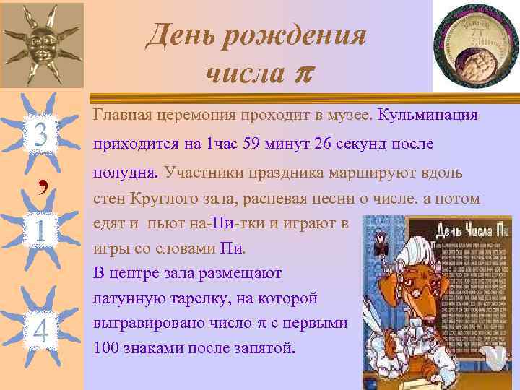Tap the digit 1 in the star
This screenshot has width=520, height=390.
tap(40, 233)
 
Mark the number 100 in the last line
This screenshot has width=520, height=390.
tap(106, 348)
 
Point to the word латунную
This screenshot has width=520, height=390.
tap(128, 298)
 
